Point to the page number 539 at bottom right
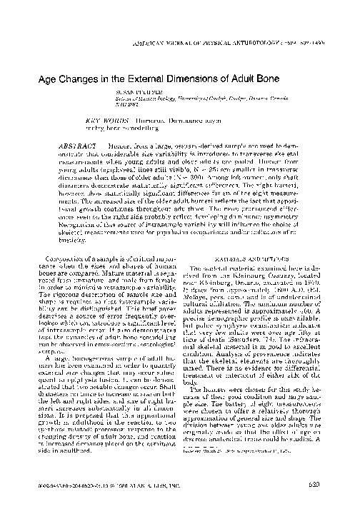[x=341, y=503]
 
